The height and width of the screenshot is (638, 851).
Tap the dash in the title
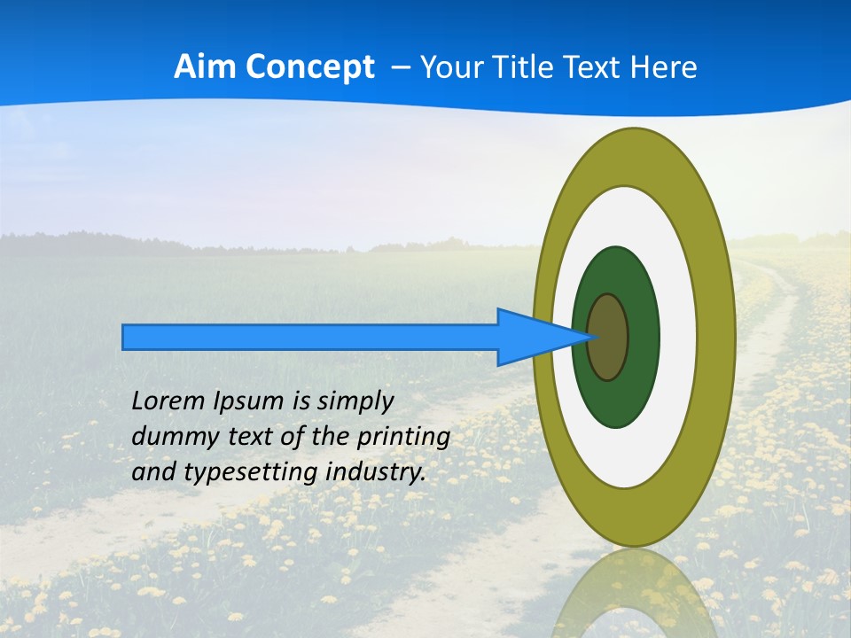[400, 67]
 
